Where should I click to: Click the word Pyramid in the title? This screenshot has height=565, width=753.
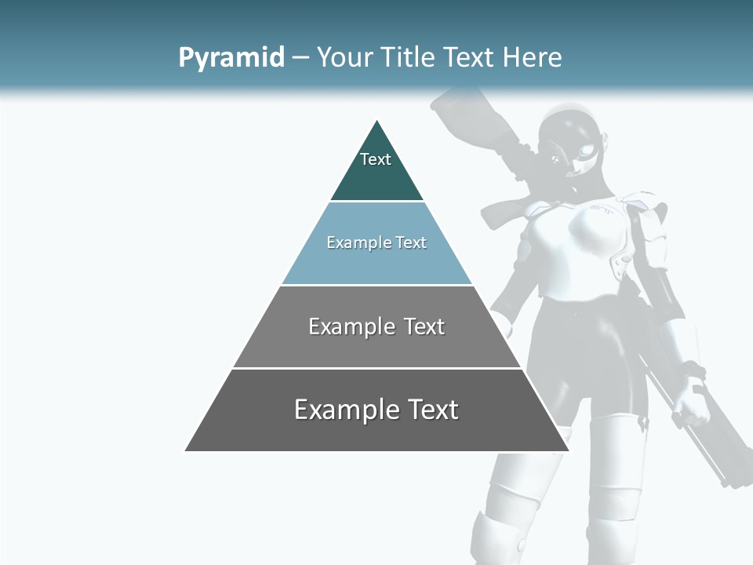click(231, 57)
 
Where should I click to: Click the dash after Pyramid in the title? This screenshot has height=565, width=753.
click(300, 57)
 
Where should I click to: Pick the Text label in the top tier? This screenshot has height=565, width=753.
click(376, 159)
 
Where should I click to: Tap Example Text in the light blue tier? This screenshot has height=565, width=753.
click(376, 242)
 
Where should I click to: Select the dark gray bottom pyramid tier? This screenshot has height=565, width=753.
click(376, 432)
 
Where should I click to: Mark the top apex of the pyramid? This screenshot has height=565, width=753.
click(377, 122)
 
